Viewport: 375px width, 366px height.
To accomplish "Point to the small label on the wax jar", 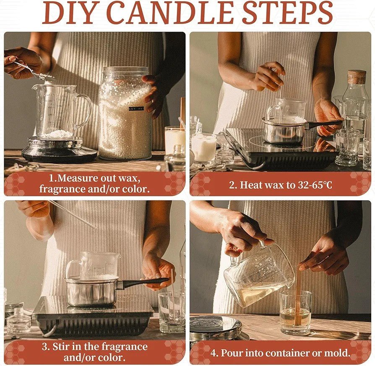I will point(136,108).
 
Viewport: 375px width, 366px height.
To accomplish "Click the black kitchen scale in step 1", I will point(59,150).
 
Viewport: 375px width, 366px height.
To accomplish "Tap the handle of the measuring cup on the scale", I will point(85,110).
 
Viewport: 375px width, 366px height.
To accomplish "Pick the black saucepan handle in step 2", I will point(325,124).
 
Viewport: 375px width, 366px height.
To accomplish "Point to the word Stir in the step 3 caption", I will point(61,347).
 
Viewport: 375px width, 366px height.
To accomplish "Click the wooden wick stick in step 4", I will point(297,294).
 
